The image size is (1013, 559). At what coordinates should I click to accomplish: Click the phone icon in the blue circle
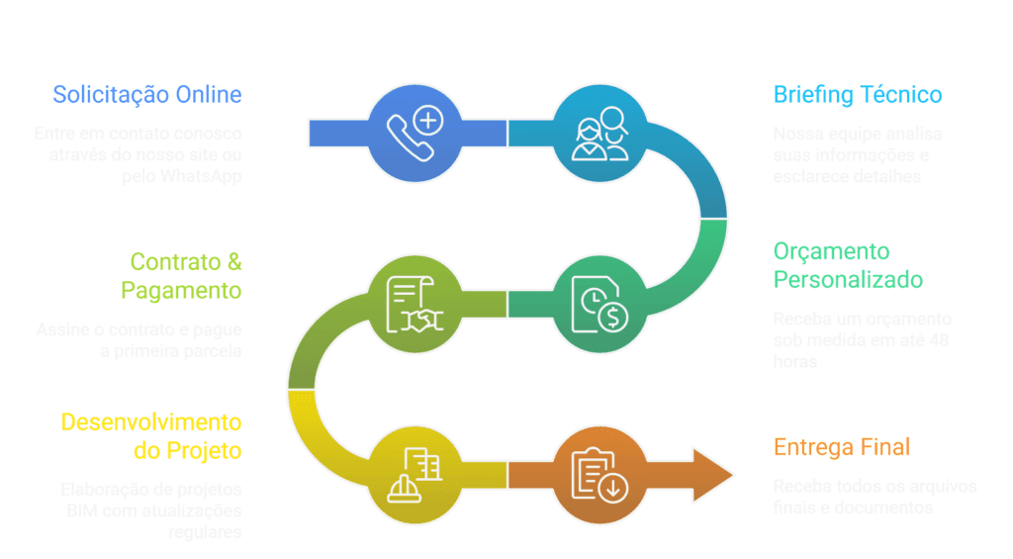[x=414, y=133]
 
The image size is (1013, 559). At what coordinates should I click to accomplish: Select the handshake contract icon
[x=414, y=304]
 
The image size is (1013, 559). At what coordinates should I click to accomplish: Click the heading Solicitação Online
[x=147, y=95]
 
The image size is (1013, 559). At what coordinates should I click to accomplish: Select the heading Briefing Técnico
[x=857, y=95]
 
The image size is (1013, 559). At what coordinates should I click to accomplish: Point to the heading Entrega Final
[x=841, y=447]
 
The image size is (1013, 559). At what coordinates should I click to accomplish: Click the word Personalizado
[x=848, y=280]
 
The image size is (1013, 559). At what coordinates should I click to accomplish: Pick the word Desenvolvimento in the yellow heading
[x=151, y=422]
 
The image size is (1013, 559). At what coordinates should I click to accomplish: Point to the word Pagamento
[x=182, y=291]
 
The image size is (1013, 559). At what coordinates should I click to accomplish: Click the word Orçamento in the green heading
[x=831, y=252]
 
